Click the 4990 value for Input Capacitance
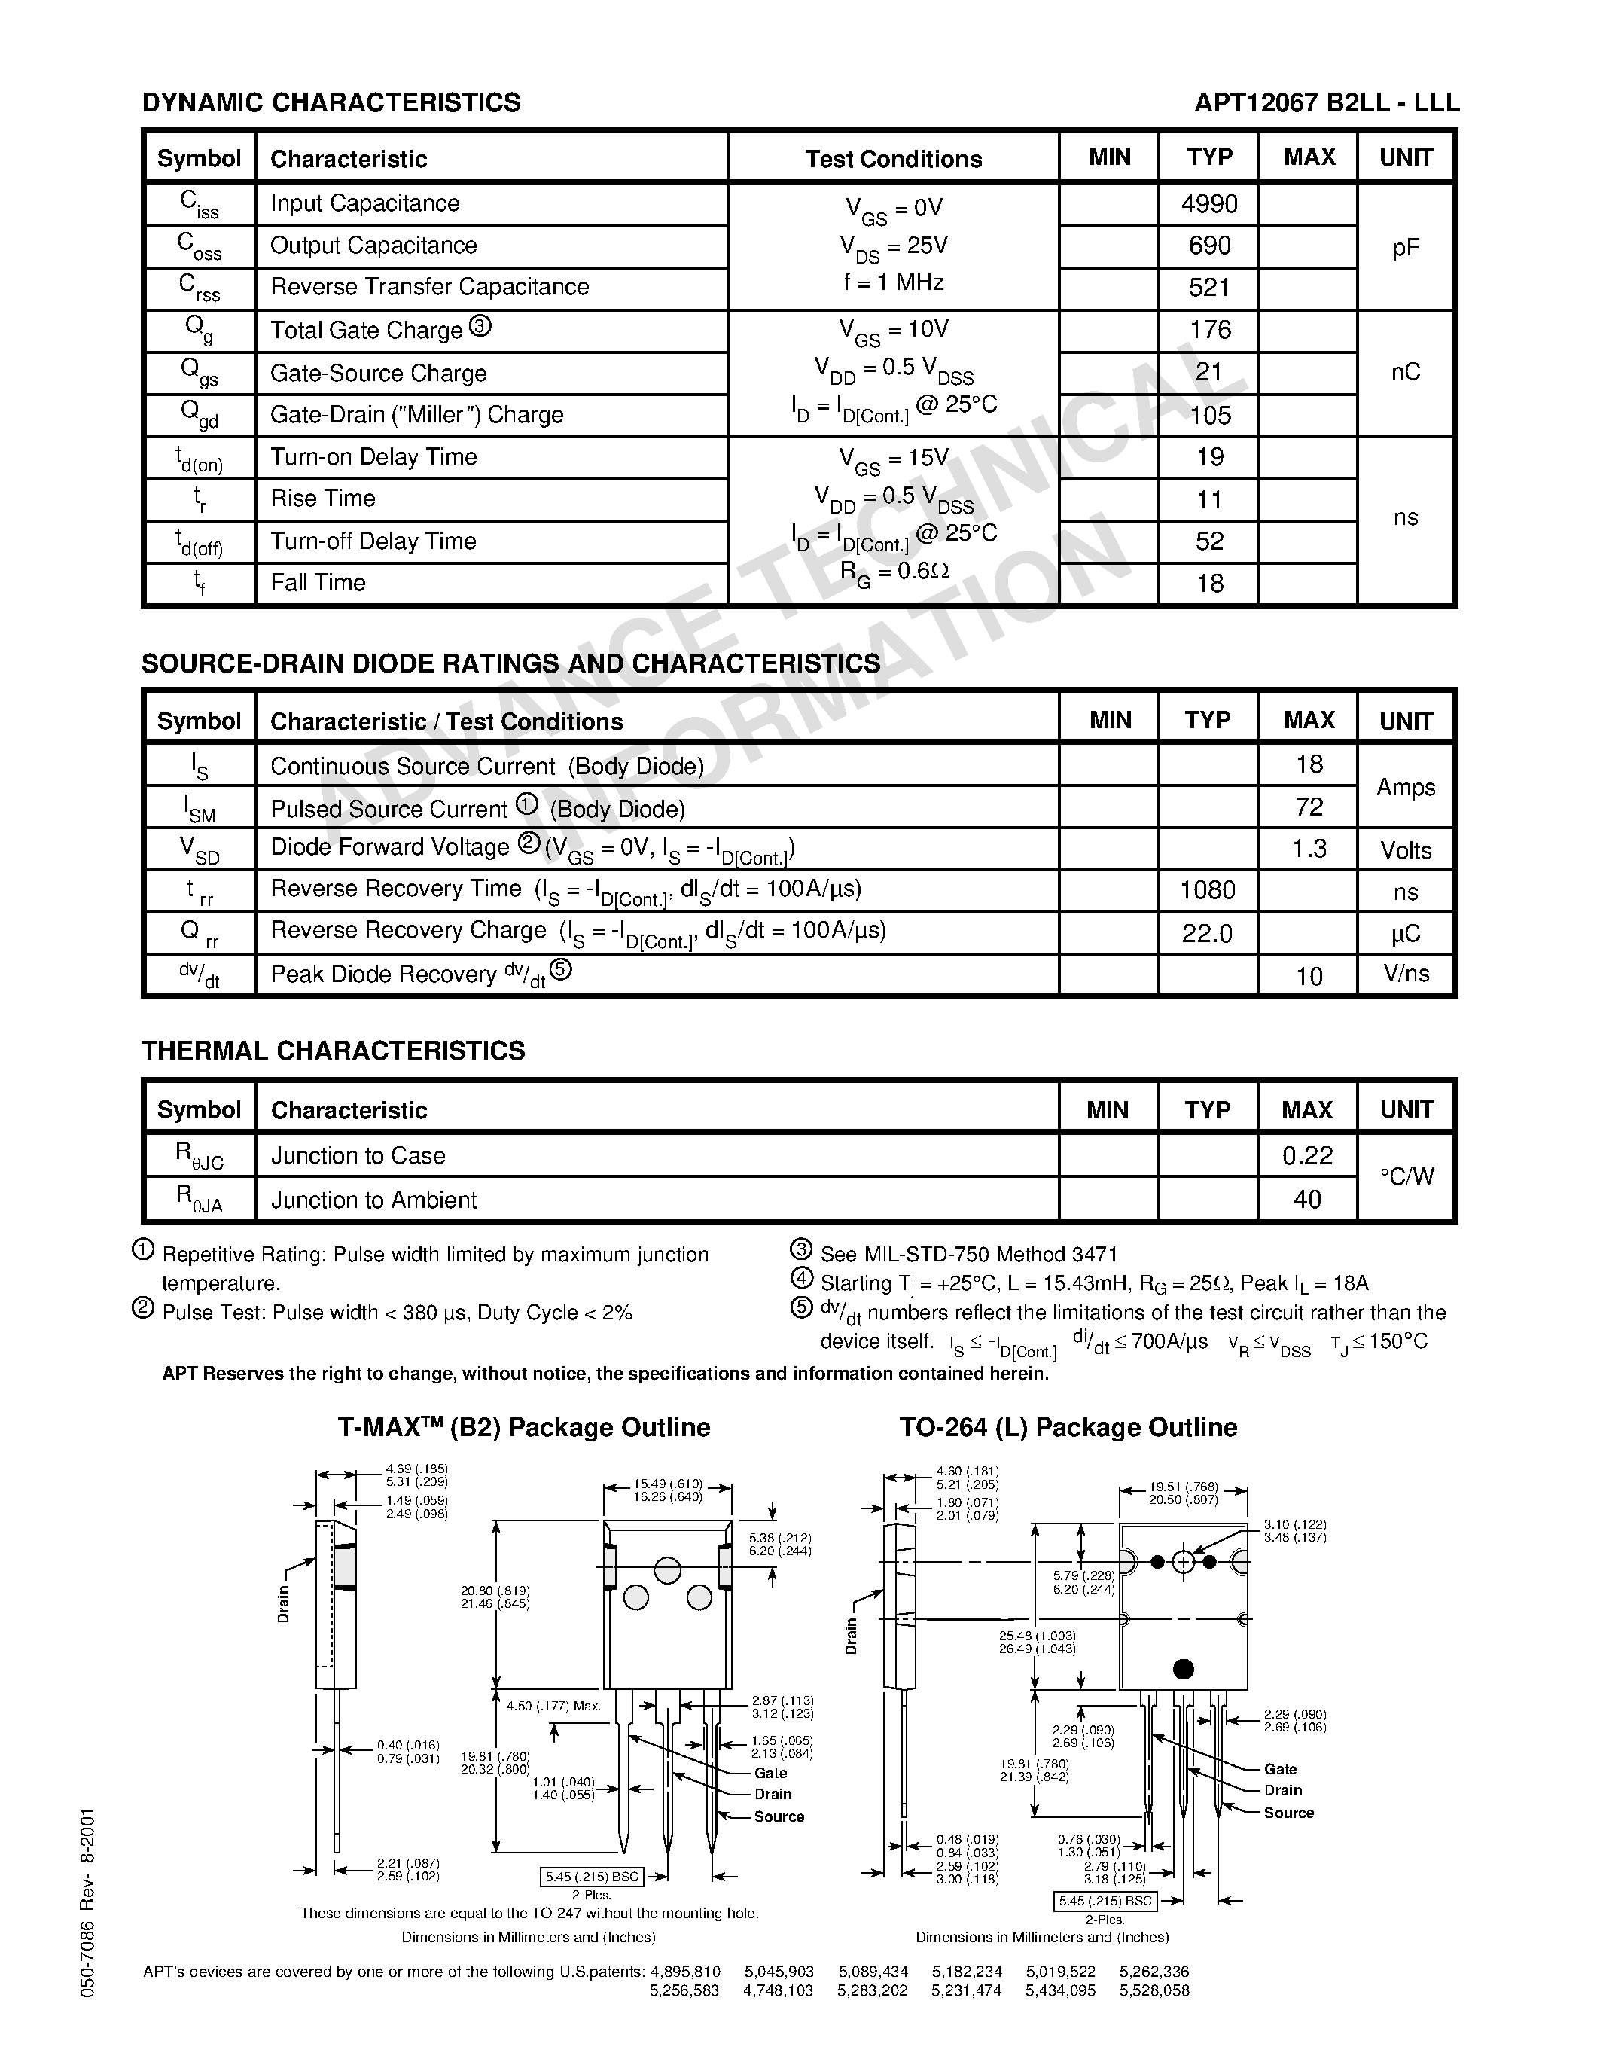click(1208, 204)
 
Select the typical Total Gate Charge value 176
click(1209, 330)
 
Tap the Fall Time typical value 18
click(1209, 583)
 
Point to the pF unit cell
click(1406, 248)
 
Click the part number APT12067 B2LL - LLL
click(1326, 102)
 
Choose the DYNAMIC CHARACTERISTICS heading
click(331, 102)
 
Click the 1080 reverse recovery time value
click(1208, 890)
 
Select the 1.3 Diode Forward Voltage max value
click(1308, 849)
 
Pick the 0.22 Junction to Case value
click(1307, 1155)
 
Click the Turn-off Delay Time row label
click(373, 541)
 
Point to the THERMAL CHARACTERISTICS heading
click(333, 1051)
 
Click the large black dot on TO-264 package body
click(1183, 1668)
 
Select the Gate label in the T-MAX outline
click(770, 1772)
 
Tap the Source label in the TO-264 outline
click(1288, 1812)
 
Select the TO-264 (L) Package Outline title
click(1068, 1428)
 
